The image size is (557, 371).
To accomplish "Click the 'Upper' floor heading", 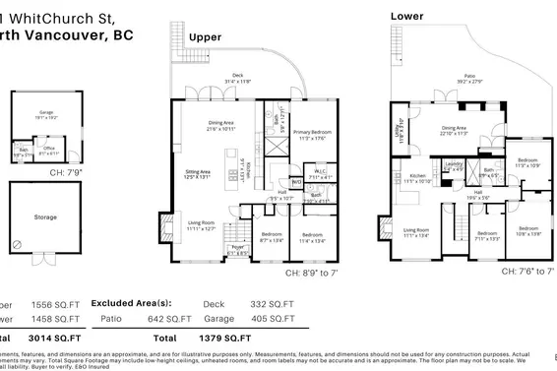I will [205, 37].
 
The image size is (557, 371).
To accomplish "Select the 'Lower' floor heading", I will [408, 16].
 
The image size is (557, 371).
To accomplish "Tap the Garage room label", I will [44, 111].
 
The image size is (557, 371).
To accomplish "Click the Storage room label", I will [44, 216].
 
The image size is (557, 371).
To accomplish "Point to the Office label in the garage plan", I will [48, 150].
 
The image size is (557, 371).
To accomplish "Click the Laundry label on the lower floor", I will [454, 164].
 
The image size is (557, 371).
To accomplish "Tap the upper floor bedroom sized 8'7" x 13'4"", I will [272, 235].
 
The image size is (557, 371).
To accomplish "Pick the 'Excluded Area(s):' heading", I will [133, 304].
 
